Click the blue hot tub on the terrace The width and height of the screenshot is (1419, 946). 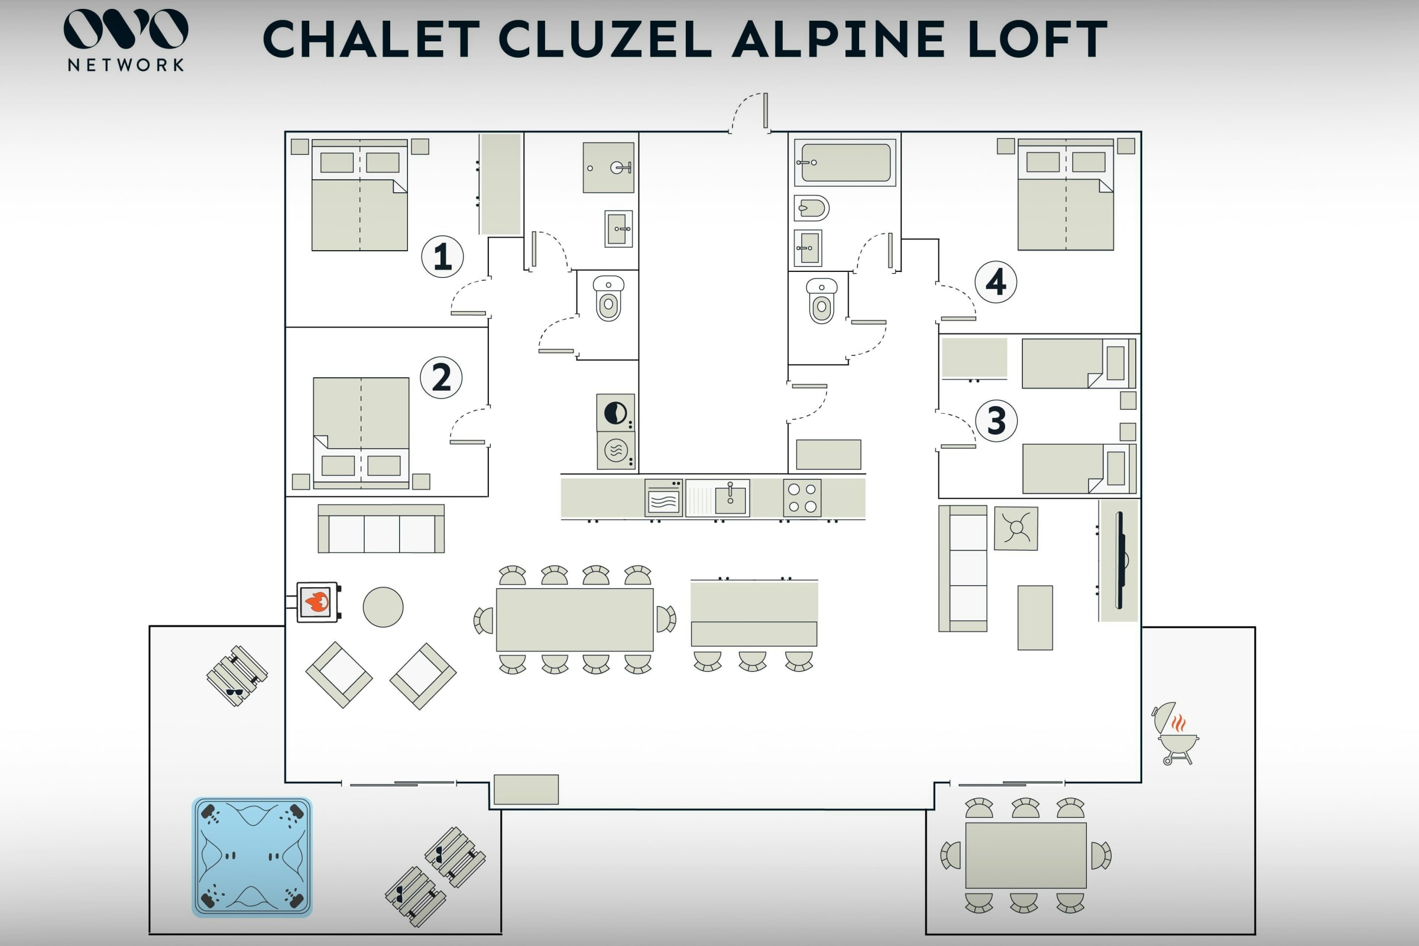[x=252, y=857]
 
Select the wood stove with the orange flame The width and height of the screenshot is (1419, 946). [x=317, y=601]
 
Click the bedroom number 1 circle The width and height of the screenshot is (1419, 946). [x=442, y=257]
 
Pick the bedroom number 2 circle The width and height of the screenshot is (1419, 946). [x=441, y=378]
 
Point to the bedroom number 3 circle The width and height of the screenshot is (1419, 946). [x=996, y=420]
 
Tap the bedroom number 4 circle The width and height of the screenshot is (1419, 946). [x=996, y=282]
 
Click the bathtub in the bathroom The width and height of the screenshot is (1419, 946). [x=845, y=162]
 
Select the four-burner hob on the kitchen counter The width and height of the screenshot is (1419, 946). [x=802, y=498]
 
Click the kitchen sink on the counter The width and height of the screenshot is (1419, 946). [x=730, y=498]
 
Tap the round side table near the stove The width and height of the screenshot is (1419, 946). [x=383, y=607]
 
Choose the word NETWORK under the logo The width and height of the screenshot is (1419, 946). [x=125, y=65]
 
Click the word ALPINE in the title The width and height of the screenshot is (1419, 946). [x=838, y=39]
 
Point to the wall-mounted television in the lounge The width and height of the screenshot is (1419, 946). [x=1119, y=560]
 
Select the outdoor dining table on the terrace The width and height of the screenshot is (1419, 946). [x=1025, y=855]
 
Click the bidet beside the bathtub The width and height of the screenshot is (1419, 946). [x=811, y=209]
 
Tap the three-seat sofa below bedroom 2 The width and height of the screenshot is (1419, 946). [x=381, y=529]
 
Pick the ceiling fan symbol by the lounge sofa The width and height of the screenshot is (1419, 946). [x=1016, y=528]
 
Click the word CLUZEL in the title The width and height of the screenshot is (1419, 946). [x=605, y=39]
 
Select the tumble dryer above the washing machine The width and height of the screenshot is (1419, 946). [x=615, y=413]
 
